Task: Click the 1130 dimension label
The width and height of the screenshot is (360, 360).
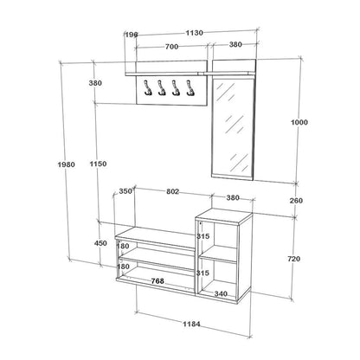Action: pyautogui.click(x=194, y=33)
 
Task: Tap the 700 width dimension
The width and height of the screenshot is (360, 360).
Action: pyautogui.click(x=172, y=47)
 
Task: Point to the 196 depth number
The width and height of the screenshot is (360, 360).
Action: pyautogui.click(x=132, y=35)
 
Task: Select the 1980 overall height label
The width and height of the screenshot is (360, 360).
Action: pyautogui.click(x=67, y=164)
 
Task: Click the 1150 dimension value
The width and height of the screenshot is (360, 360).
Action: pyautogui.click(x=98, y=164)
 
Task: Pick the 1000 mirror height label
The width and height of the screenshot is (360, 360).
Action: pyautogui.click(x=299, y=122)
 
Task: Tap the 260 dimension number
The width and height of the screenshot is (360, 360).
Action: pyautogui.click(x=296, y=201)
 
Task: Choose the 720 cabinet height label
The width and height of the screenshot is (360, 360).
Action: pyautogui.click(x=294, y=259)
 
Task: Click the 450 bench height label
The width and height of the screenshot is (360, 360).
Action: pyautogui.click(x=100, y=243)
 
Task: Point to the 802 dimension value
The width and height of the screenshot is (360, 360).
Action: pyautogui.click(x=172, y=191)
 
